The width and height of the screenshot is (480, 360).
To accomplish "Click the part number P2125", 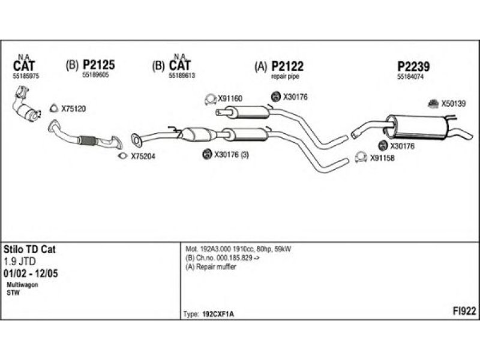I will coord(98,65).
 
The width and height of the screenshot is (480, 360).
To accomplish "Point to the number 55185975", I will coord(25,76).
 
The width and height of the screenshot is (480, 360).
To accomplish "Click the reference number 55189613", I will coord(182,76).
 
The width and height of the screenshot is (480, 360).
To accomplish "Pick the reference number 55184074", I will coord(410,77).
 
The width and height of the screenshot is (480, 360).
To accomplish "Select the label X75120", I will coord(74,109).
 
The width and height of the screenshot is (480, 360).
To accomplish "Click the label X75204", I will coord(143,157).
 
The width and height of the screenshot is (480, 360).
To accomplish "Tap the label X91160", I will coord(230,99).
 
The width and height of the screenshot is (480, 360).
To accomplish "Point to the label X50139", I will coord(453,104).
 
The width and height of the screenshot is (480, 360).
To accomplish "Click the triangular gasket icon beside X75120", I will coord(53,109).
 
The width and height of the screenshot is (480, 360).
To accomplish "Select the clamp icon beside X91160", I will coord(210,99).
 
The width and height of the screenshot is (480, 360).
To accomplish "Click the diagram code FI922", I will coord(464,310).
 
